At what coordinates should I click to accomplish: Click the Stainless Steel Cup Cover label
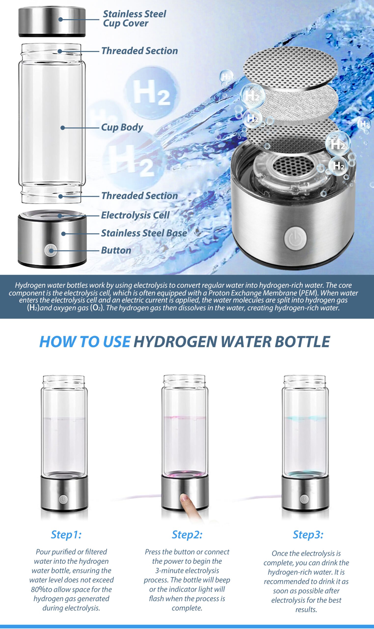tap(134, 18)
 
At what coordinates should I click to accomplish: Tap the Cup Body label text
tap(122, 127)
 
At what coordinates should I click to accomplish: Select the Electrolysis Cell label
tap(135, 215)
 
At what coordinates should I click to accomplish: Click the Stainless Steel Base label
tap(144, 233)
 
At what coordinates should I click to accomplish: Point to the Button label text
tap(116, 250)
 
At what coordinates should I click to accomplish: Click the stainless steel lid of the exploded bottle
tap(52, 22)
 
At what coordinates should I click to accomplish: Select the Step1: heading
tap(66, 534)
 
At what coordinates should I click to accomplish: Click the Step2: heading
tap(187, 534)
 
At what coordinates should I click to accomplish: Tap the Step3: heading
tap(308, 534)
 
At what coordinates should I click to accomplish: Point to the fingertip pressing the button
tap(185, 497)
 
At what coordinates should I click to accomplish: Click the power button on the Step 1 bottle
tap(63, 500)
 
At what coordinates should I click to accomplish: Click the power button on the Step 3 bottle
tap(305, 499)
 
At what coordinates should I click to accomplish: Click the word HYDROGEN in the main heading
tap(175, 342)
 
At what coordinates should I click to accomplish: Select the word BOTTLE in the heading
tap(303, 342)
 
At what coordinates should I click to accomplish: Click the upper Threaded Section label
tap(140, 51)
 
